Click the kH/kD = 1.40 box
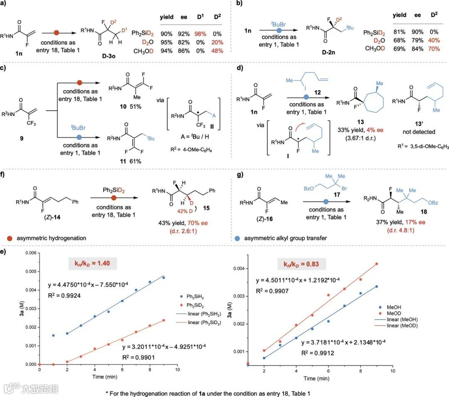pyautogui.click(x=93, y=264)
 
